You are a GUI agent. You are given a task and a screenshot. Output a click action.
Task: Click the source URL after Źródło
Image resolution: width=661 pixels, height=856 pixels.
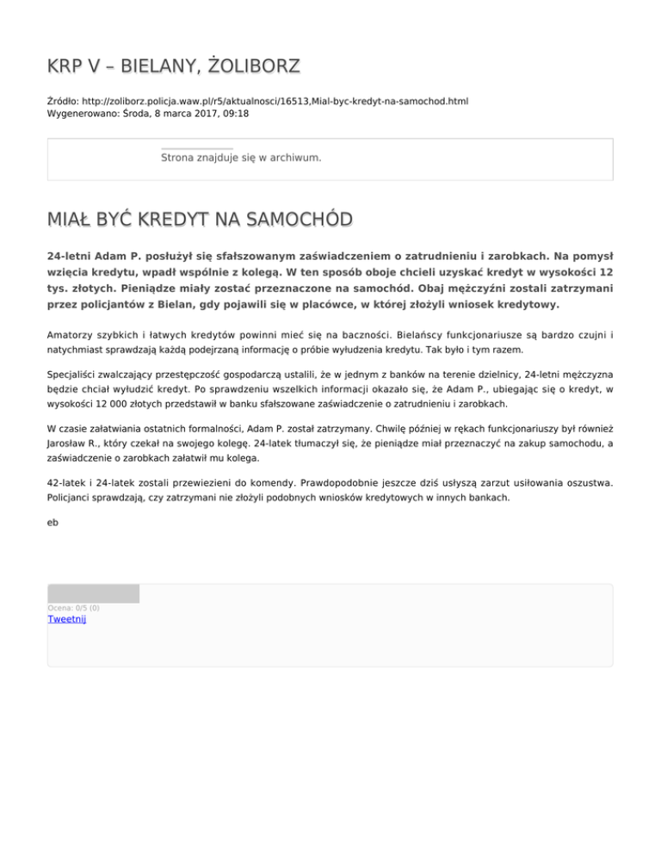(x=281, y=102)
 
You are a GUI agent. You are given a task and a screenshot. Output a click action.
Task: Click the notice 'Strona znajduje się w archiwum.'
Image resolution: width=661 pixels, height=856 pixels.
(x=241, y=158)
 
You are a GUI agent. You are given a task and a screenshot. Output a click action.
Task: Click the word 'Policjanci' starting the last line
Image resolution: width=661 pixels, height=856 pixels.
(x=71, y=498)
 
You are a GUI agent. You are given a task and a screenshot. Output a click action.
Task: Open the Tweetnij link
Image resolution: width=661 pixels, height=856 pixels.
(x=67, y=618)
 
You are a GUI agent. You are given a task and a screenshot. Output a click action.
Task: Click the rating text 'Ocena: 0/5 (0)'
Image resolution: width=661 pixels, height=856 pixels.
(x=73, y=608)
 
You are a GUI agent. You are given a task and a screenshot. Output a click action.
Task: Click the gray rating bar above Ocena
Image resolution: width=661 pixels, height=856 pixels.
(x=93, y=593)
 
